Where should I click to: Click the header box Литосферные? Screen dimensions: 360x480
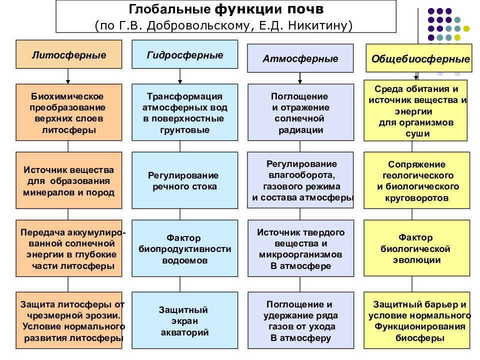[x=69, y=54]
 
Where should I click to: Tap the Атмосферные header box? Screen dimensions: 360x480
[x=300, y=58]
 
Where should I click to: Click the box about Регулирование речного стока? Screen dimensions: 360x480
[x=185, y=180]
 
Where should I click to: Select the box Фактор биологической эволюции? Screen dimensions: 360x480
[x=417, y=248]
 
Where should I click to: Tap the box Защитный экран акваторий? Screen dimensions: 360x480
[x=185, y=320]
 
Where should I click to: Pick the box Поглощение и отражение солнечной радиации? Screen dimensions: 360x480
[x=300, y=112]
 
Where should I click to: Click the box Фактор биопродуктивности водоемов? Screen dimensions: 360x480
[x=185, y=248]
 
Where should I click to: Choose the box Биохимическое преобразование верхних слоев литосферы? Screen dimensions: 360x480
[x=69, y=112]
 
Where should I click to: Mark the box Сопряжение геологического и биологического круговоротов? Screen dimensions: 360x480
[x=417, y=180]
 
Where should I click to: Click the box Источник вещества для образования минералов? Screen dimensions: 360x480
[x=69, y=180]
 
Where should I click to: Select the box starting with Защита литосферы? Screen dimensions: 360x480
[x=69, y=320]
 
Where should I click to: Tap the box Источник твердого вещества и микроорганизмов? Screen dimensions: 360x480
[x=300, y=248]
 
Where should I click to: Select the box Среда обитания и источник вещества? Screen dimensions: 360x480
[x=417, y=110]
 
